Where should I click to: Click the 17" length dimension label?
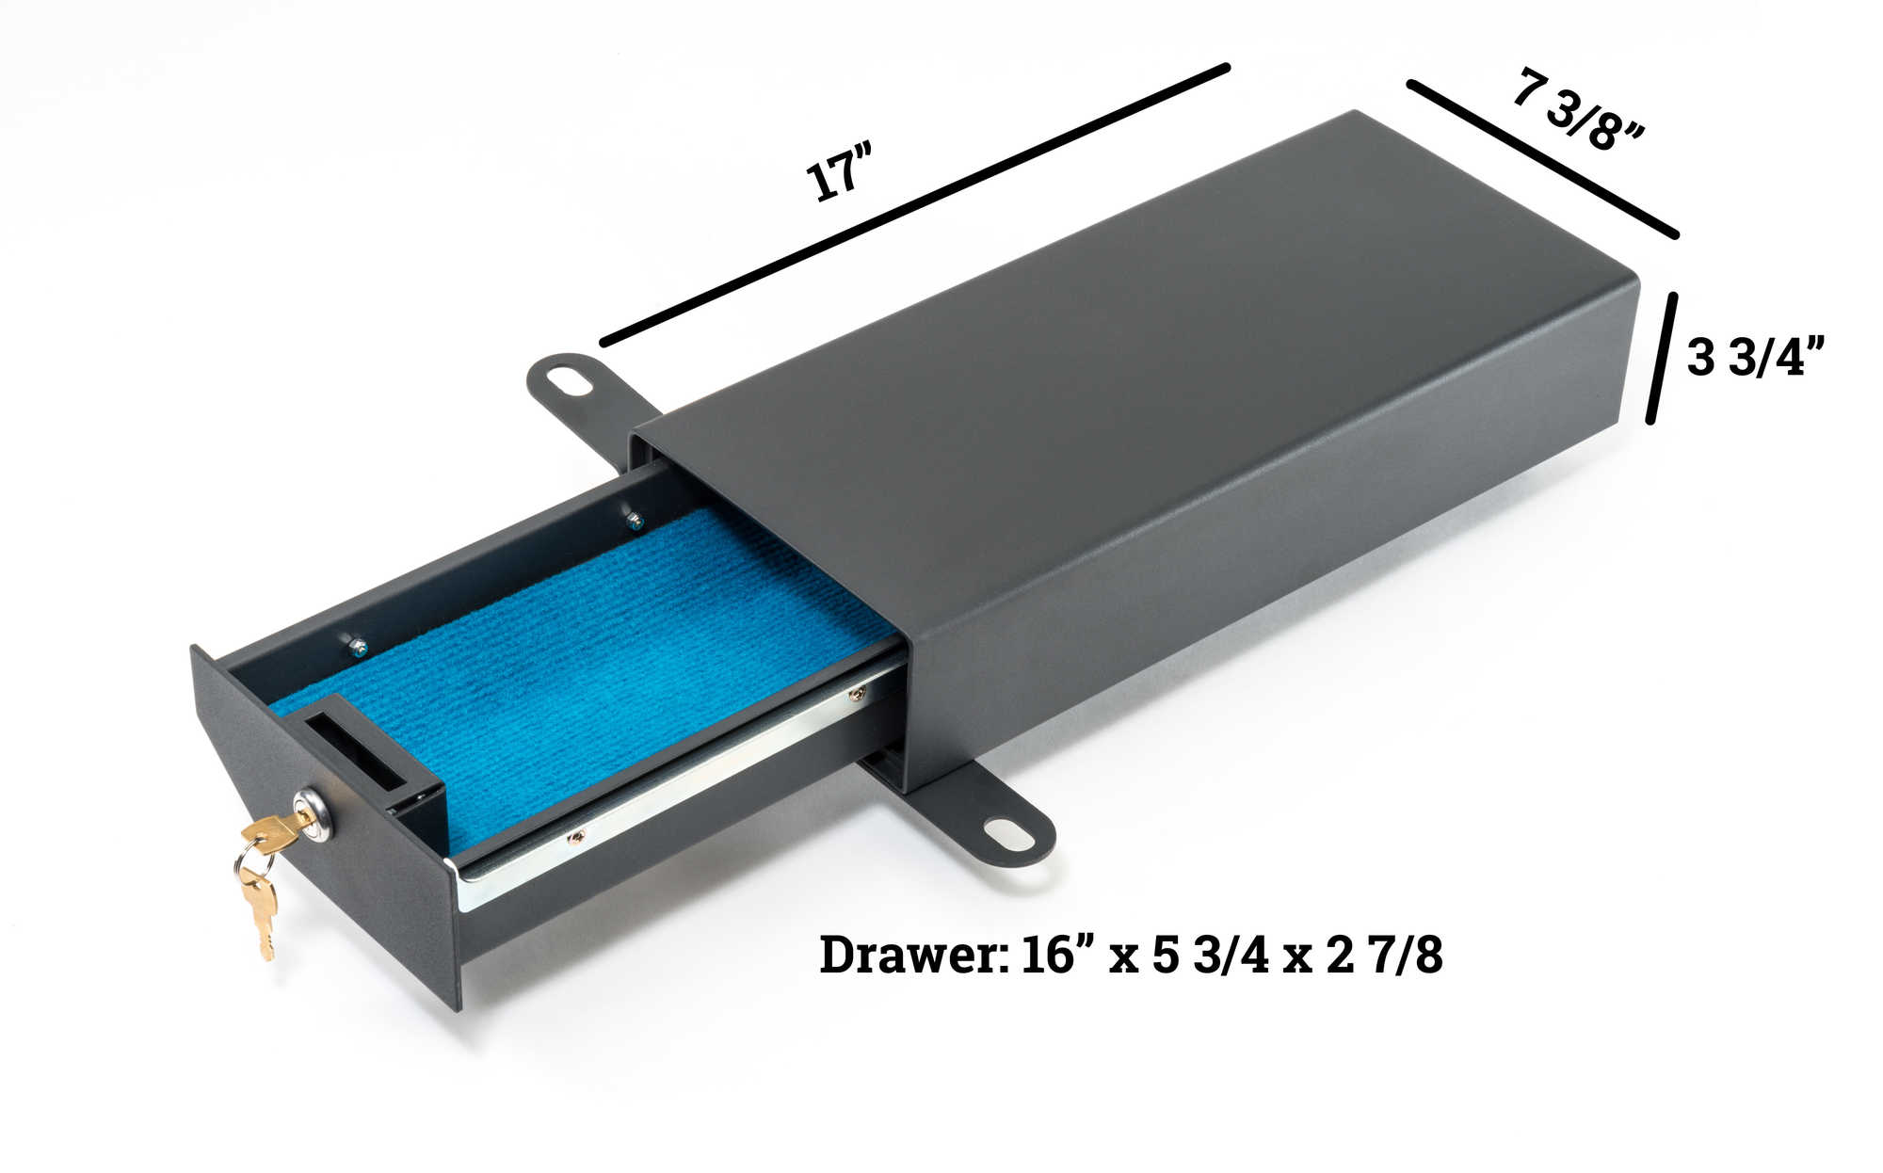point(840,170)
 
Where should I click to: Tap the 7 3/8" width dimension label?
point(1578,109)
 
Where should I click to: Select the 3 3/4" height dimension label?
point(1755,358)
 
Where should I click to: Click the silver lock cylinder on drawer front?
point(314,815)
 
